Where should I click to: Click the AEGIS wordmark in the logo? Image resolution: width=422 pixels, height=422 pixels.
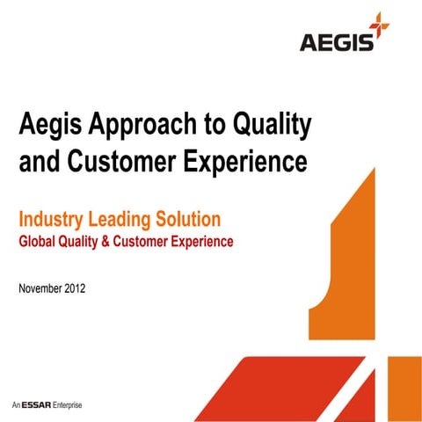(x=334, y=42)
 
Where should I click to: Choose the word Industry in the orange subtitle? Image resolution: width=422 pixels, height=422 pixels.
(x=54, y=218)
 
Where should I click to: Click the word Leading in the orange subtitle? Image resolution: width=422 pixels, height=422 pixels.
(x=128, y=218)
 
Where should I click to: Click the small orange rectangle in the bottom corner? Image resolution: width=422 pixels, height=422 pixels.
(x=403, y=387)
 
